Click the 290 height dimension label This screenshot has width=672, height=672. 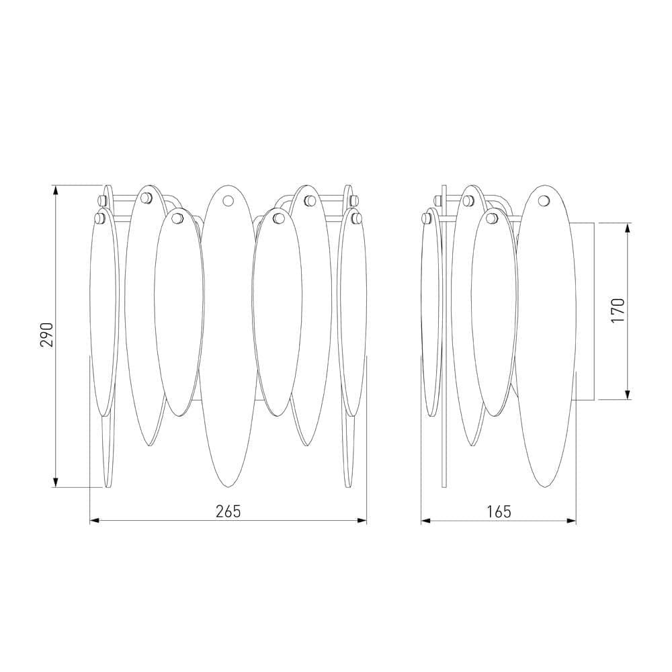(47, 335)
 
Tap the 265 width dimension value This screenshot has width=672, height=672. (228, 511)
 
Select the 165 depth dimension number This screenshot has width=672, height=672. (499, 511)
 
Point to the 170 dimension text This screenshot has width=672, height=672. (618, 310)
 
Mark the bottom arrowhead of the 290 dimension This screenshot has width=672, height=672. (55, 483)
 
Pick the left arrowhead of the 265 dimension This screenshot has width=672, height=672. (94, 521)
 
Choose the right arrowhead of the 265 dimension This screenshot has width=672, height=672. (362, 521)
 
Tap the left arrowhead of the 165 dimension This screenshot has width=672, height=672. (425, 521)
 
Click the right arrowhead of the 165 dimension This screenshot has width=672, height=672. (571, 521)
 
